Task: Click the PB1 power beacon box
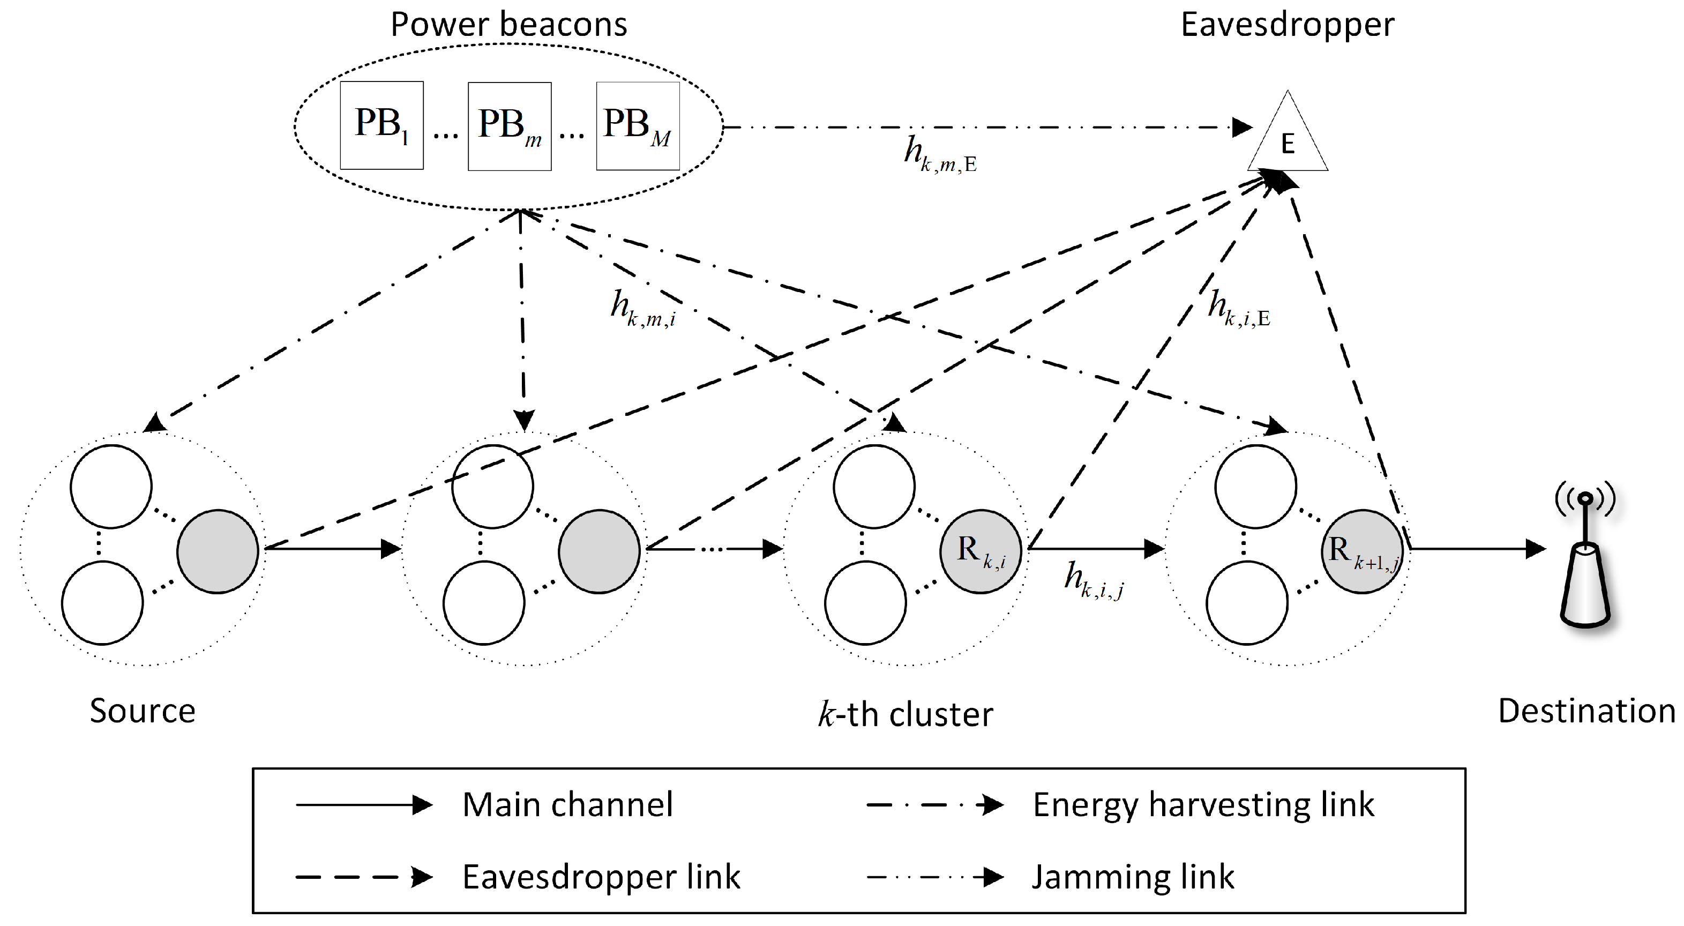(382, 125)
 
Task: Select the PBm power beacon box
(509, 126)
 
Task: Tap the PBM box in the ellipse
(638, 126)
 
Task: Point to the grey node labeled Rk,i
(981, 551)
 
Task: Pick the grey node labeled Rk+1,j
(1363, 551)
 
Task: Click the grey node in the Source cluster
(218, 551)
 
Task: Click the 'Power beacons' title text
(508, 24)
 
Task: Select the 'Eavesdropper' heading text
(1287, 24)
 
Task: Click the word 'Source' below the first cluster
(143, 711)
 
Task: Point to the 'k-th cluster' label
(905, 713)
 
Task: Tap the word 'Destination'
(1586, 711)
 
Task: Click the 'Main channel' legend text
(567, 804)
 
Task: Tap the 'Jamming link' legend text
(1132, 877)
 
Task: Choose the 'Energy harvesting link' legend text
(1203, 804)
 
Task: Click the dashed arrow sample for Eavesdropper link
(363, 877)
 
